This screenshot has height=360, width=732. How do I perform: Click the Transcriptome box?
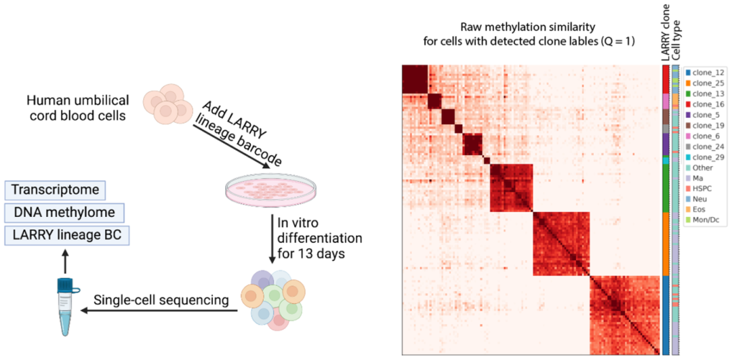point(56,190)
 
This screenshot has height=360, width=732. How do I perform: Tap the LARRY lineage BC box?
point(66,237)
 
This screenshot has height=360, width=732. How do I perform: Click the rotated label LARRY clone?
point(666,33)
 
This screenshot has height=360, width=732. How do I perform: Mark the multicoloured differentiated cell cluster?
point(273,299)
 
